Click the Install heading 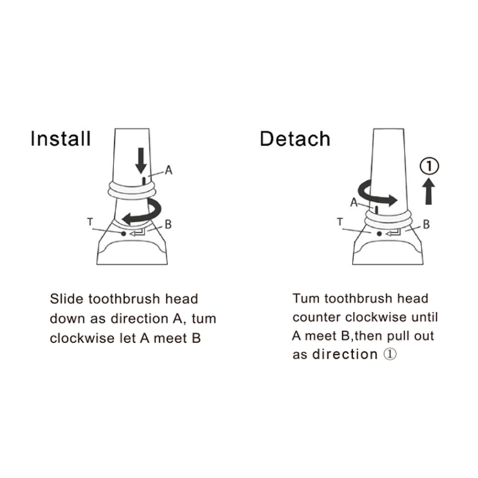click(x=61, y=139)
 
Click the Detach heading click(x=295, y=139)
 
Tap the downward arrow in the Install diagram click(x=141, y=161)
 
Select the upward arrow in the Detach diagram click(x=429, y=192)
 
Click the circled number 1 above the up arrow click(x=429, y=166)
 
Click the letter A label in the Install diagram click(x=169, y=170)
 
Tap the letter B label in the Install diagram click(x=168, y=224)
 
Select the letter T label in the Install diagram click(x=90, y=222)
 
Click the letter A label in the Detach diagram click(x=354, y=202)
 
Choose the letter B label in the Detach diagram click(x=426, y=225)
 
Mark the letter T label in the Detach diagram click(x=340, y=222)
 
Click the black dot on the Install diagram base click(x=123, y=234)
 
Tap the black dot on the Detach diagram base click(x=379, y=234)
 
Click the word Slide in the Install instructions click(x=66, y=299)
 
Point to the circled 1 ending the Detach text click(x=390, y=354)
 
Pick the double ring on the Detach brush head click(x=389, y=220)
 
